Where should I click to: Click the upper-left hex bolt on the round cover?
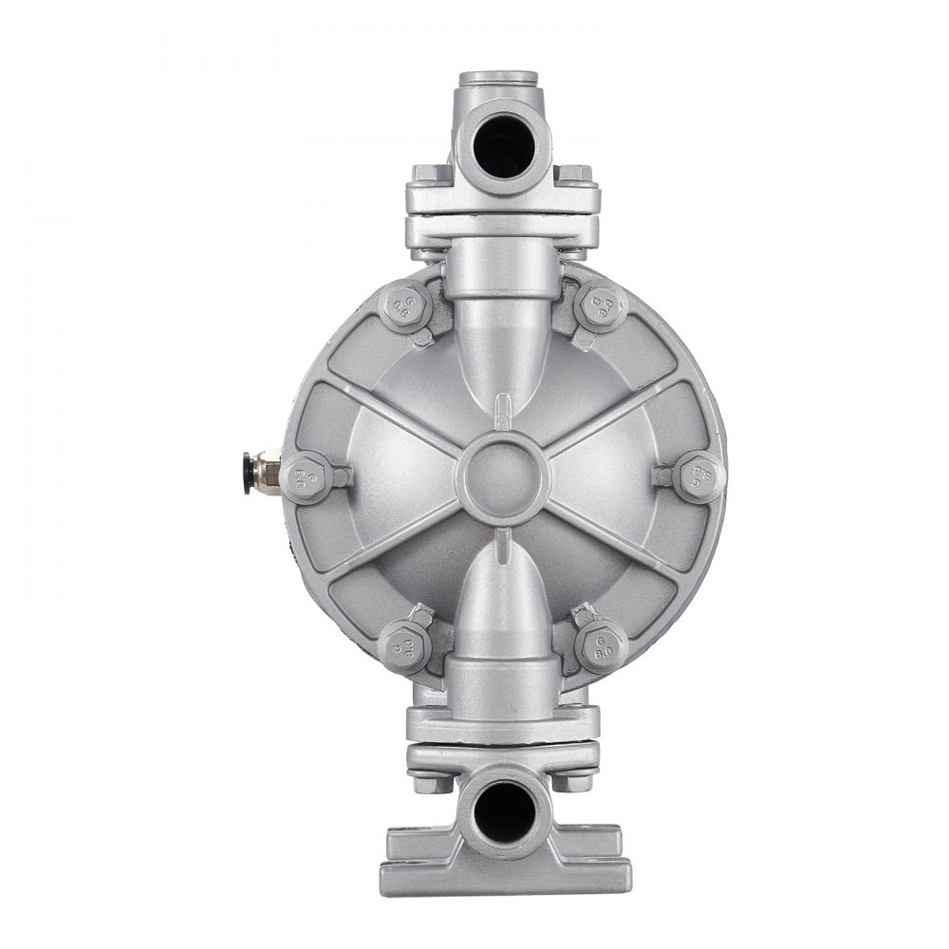pyautogui.click(x=405, y=305)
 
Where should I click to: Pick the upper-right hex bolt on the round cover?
pyautogui.click(x=602, y=305)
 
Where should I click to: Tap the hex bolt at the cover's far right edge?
pyautogui.click(x=699, y=475)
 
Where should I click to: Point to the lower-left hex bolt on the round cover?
pyautogui.click(x=405, y=646)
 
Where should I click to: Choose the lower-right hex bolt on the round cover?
pyautogui.click(x=602, y=646)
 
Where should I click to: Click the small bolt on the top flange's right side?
pyautogui.click(x=572, y=175)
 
